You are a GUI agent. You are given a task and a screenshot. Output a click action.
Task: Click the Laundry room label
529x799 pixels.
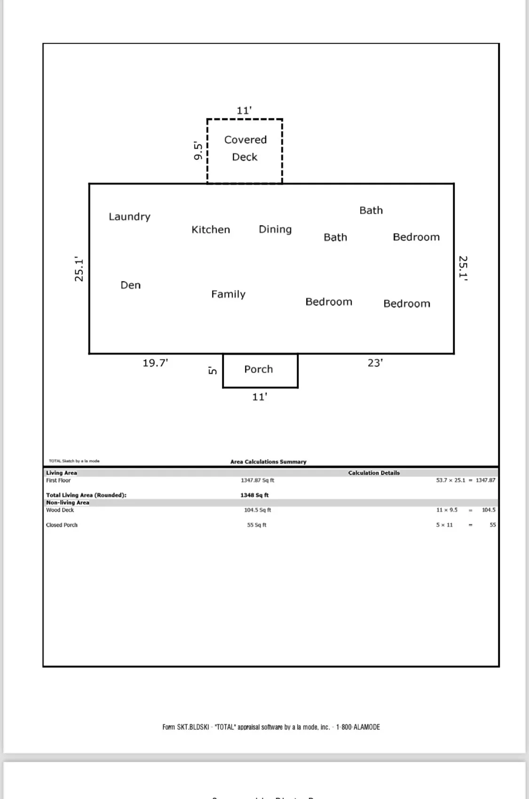click(x=130, y=217)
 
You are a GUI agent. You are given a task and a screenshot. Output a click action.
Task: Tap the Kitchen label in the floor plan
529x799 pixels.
click(x=211, y=229)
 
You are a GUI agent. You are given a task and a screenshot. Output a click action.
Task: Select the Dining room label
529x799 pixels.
click(x=275, y=229)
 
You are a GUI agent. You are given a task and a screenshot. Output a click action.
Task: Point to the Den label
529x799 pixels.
click(x=131, y=285)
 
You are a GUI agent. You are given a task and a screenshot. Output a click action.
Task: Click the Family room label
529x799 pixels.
click(x=229, y=294)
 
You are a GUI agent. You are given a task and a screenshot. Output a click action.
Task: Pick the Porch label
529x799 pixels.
click(x=259, y=369)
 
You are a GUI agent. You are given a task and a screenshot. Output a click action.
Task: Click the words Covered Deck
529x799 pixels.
click(x=245, y=148)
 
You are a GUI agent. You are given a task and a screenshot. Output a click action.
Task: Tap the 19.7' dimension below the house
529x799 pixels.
click(x=155, y=363)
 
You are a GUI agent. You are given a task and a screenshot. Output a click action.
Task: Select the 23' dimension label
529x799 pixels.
click(x=375, y=363)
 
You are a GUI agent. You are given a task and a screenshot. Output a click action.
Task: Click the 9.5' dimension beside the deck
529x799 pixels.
click(x=198, y=151)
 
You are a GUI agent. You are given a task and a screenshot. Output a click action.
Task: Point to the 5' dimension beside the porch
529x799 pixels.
click(x=213, y=371)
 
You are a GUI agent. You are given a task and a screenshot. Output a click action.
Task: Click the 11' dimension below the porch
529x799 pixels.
click(x=260, y=397)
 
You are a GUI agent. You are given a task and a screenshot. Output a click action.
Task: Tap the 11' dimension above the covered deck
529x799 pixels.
click(x=244, y=110)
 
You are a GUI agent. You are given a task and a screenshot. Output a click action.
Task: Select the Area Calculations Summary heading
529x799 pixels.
click(x=268, y=462)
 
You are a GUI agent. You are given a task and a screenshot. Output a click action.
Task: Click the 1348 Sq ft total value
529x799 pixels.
click(x=254, y=495)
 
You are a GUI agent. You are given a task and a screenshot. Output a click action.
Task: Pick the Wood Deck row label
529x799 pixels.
click(x=60, y=510)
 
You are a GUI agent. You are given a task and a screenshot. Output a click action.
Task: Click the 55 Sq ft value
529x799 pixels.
click(x=257, y=525)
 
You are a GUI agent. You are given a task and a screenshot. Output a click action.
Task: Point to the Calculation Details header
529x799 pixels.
click(x=374, y=473)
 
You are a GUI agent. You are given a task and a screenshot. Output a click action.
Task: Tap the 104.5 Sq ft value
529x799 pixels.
click(x=257, y=510)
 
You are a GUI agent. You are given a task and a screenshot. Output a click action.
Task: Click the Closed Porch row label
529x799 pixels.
click(x=62, y=525)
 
